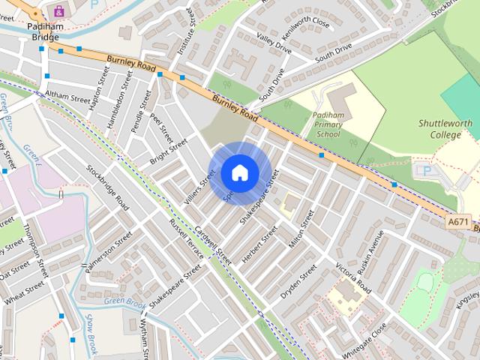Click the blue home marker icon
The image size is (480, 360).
click(239, 173)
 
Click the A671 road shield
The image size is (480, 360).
click(459, 222)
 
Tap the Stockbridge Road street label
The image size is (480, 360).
click(107, 187)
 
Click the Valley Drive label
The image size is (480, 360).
click(273, 47)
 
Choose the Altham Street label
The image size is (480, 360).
click(67, 95)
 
